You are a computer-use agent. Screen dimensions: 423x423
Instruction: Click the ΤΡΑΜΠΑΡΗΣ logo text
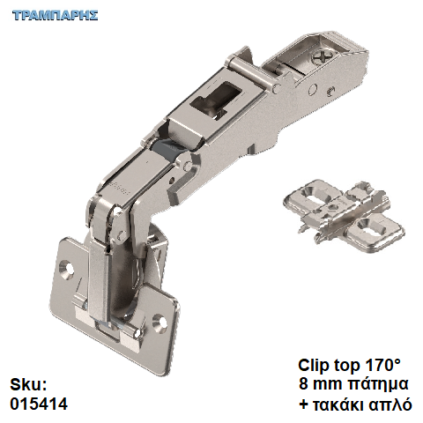click(55, 15)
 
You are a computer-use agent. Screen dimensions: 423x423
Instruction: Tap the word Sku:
click(28, 385)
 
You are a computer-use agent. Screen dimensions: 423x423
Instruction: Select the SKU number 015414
click(39, 404)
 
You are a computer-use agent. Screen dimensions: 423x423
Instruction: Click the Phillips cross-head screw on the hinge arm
click(319, 56)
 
